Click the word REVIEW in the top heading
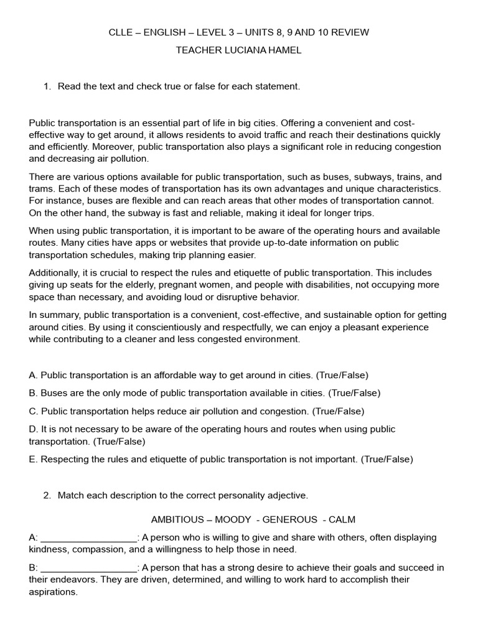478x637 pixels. click(x=350, y=32)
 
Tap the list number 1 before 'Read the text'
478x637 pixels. click(x=46, y=86)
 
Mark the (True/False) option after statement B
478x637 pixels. click(x=354, y=393)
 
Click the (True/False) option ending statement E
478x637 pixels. click(x=387, y=459)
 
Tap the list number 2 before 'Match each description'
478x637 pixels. click(x=46, y=496)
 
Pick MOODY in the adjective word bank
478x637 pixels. click(x=233, y=519)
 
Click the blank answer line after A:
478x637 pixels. click(x=88, y=537)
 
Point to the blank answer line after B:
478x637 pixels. click(x=88, y=567)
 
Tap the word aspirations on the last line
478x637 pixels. click(x=53, y=592)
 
